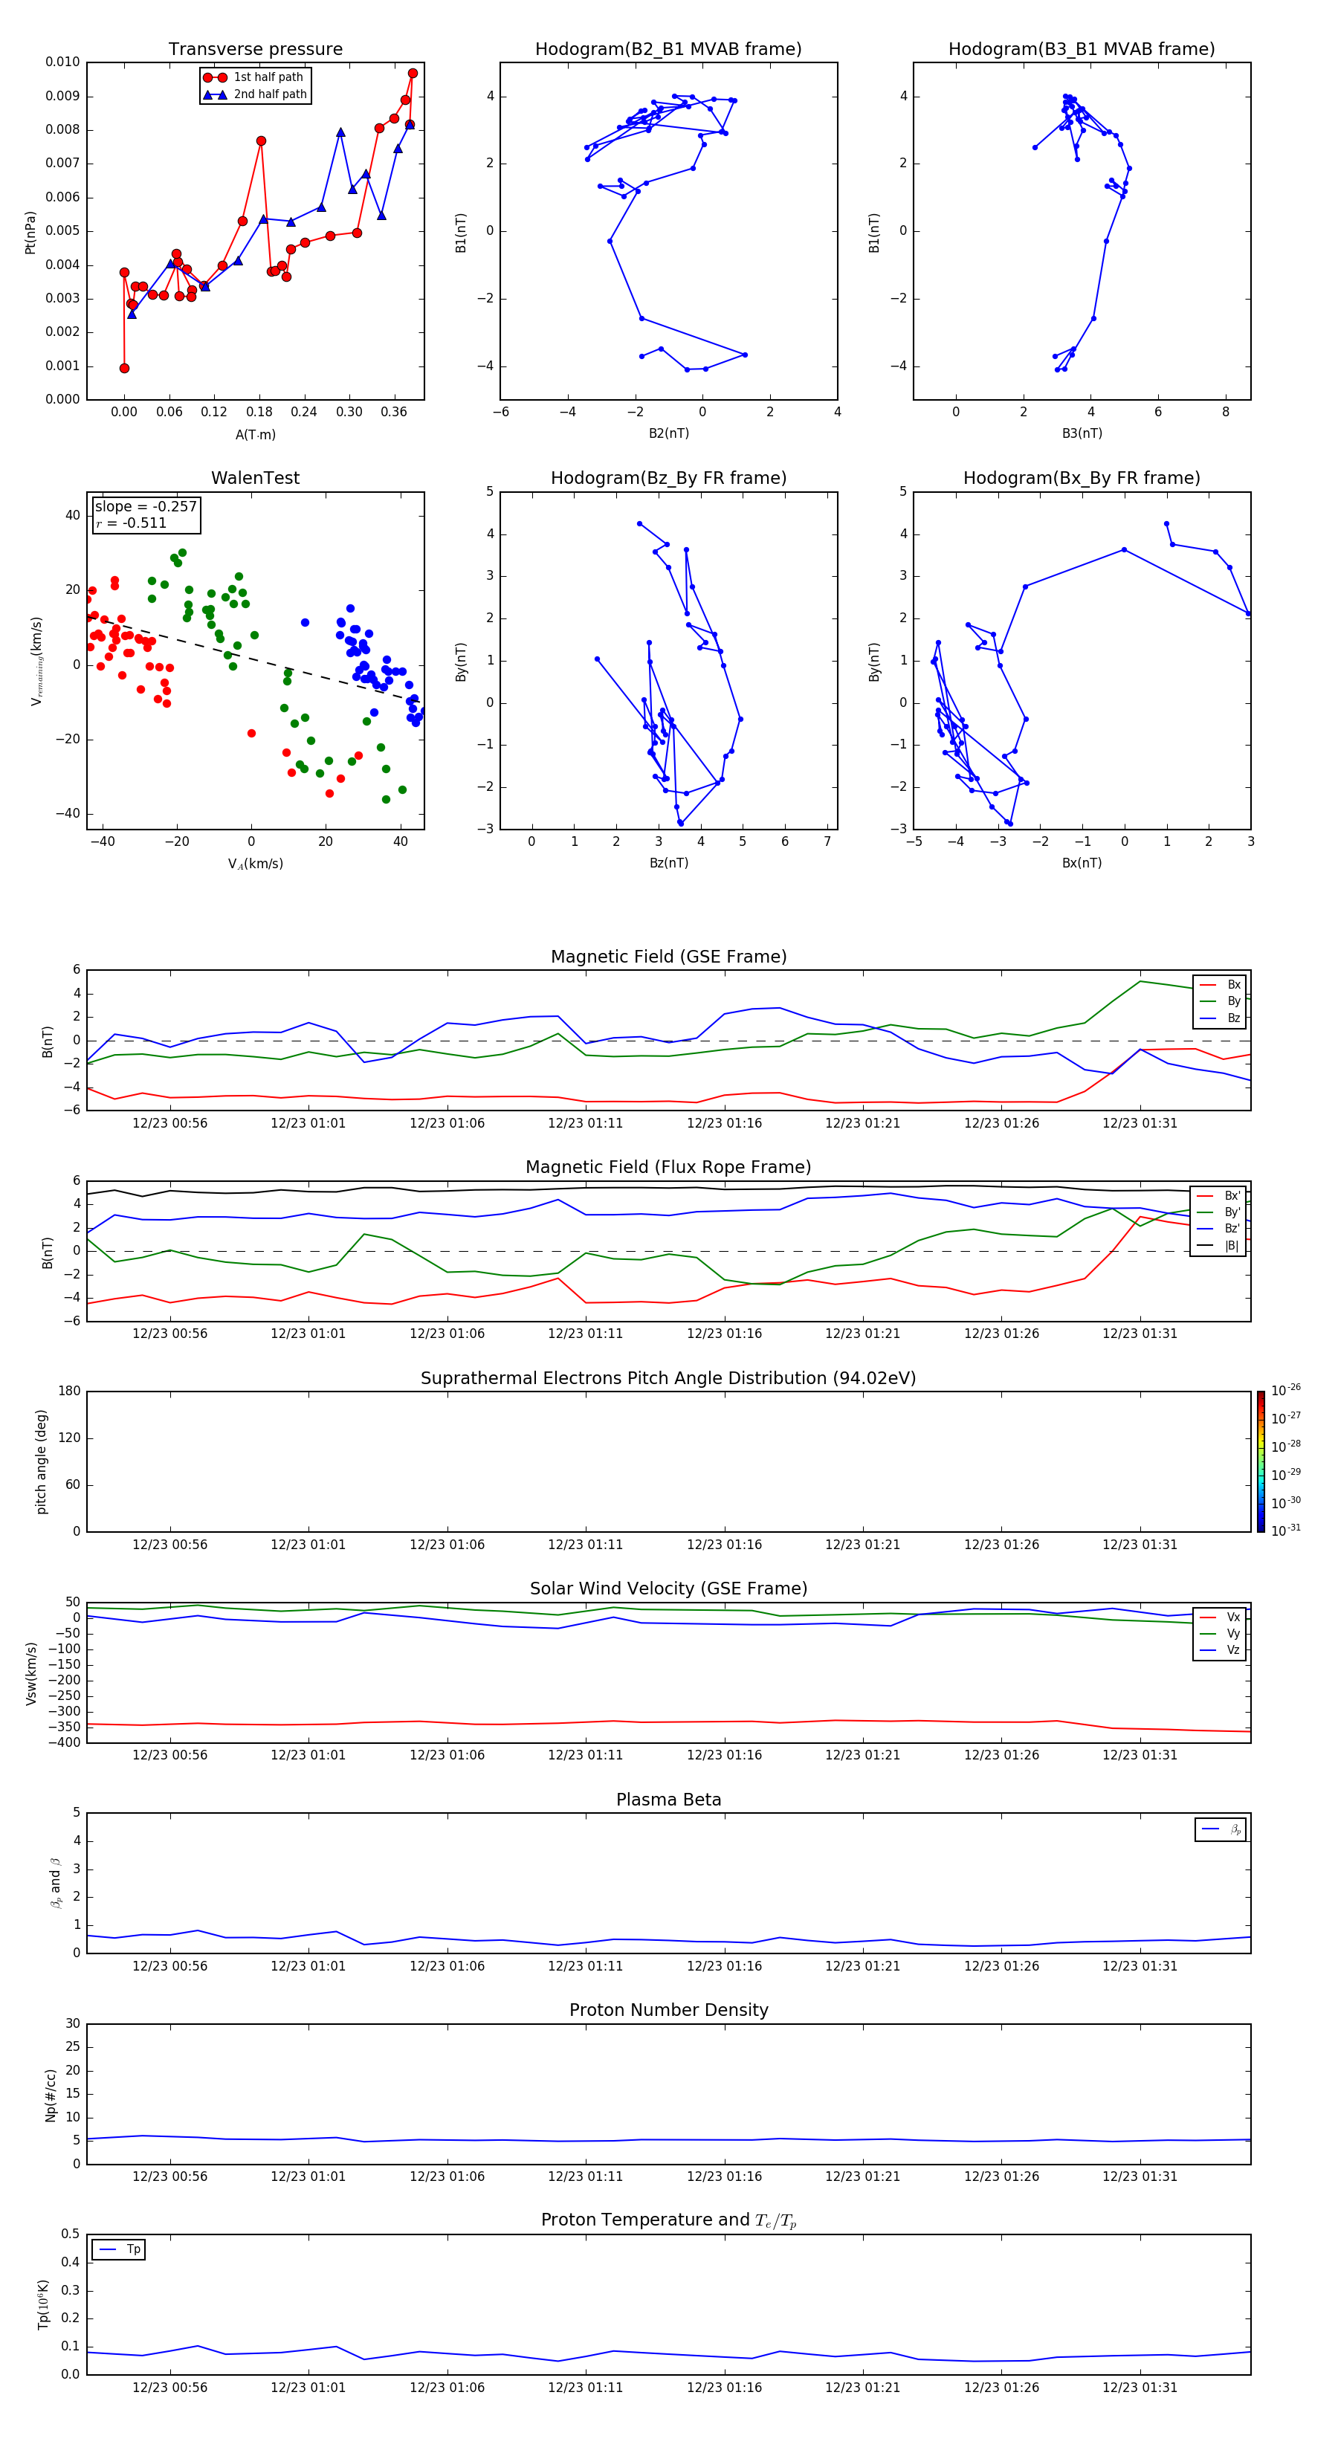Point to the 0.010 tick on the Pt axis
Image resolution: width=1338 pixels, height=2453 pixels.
click(63, 62)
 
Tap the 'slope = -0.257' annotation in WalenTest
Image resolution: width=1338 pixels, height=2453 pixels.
click(146, 507)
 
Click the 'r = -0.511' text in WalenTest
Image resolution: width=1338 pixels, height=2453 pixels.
click(132, 523)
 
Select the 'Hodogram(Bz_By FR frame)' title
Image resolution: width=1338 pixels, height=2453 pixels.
click(668, 478)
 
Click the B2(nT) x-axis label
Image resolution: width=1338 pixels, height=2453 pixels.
click(668, 433)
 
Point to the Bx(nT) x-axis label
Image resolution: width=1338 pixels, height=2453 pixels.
click(1082, 863)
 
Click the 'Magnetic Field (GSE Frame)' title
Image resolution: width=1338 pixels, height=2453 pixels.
click(668, 957)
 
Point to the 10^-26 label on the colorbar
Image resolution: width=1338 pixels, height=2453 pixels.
click(1286, 1390)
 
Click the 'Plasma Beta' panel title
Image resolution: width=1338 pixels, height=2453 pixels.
click(668, 1800)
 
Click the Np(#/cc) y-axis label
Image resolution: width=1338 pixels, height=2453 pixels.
click(51, 2095)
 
